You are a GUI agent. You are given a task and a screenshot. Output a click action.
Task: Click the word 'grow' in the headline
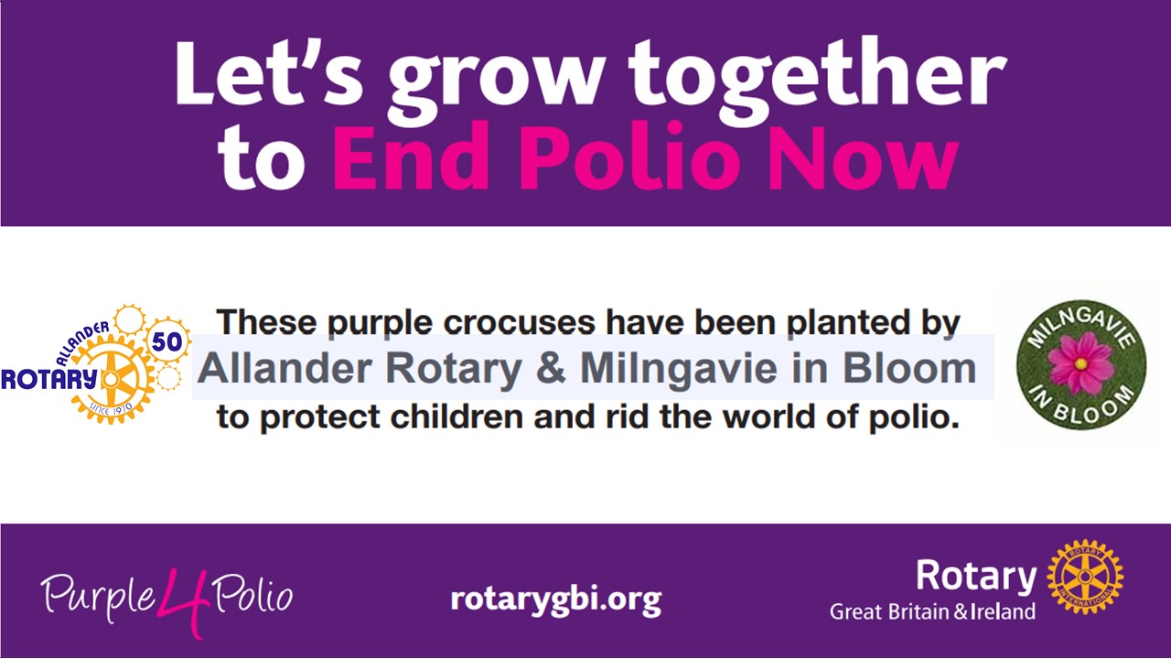pos(497,80)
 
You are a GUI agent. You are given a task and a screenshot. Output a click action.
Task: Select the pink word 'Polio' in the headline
pos(628,156)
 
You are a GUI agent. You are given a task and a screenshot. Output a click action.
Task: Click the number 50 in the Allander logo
pos(167,341)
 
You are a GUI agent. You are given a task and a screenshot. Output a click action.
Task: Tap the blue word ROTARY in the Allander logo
pos(49,379)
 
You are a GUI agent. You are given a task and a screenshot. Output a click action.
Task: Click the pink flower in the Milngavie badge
pos(1080,362)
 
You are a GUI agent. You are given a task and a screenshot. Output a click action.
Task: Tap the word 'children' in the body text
pos(457,416)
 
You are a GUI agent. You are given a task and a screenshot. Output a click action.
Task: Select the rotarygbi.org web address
pos(556,600)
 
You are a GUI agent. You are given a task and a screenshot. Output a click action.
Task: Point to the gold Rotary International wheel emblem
pos(1085,577)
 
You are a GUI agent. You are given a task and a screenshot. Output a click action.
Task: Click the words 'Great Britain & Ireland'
pos(932,611)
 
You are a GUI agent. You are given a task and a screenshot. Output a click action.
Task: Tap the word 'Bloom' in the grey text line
pos(909,368)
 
